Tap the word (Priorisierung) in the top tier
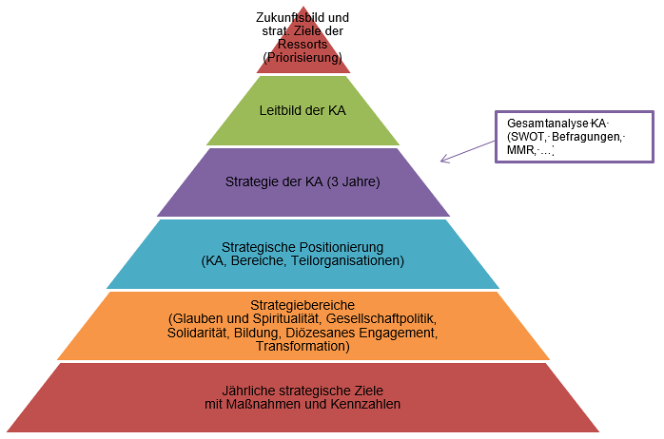(303, 58)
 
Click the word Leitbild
(282, 110)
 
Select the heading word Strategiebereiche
(302, 303)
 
